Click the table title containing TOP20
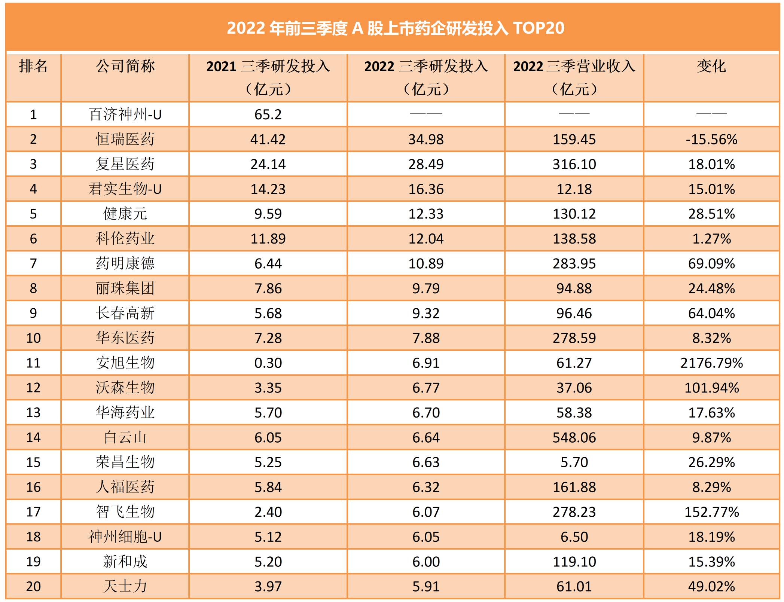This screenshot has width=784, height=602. tap(395, 28)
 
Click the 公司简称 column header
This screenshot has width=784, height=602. tap(125, 66)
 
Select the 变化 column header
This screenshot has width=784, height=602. tap(711, 66)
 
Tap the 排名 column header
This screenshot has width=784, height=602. tap(33, 66)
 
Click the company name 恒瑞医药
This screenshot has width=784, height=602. tap(125, 139)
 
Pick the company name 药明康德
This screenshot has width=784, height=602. tap(125, 263)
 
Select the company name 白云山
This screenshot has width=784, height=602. tap(125, 437)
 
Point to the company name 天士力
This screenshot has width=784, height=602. tap(125, 586)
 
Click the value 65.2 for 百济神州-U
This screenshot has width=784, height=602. tap(268, 114)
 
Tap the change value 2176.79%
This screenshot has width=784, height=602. tap(711, 363)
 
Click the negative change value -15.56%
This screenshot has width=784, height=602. tap(711, 139)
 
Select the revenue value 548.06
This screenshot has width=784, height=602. tap(574, 437)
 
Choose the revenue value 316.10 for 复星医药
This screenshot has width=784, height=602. tap(574, 164)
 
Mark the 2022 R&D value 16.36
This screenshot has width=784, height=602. tap(426, 189)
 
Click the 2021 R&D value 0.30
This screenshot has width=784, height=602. tap(268, 363)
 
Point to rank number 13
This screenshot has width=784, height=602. tap(33, 413)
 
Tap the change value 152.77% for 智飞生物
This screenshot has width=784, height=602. tap(711, 512)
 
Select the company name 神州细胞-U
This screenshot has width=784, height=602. tap(125, 537)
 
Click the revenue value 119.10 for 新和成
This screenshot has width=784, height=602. tap(574, 562)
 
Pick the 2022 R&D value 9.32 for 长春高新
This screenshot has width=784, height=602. tap(426, 313)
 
